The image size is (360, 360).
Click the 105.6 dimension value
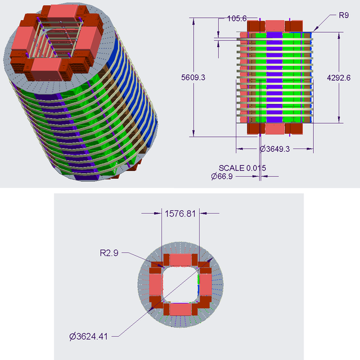point(237,19)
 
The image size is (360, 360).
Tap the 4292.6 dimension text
point(350,78)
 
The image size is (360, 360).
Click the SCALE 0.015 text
point(242,168)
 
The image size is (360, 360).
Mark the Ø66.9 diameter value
point(222,176)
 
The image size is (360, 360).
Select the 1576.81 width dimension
point(181,213)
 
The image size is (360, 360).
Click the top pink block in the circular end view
point(180,260)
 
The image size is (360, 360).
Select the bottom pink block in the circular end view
point(180,309)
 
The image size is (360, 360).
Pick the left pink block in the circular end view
point(155,284)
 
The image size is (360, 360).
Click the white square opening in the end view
point(180,284)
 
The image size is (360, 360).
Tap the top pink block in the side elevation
point(274,25)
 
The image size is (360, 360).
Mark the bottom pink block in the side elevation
point(274,129)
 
